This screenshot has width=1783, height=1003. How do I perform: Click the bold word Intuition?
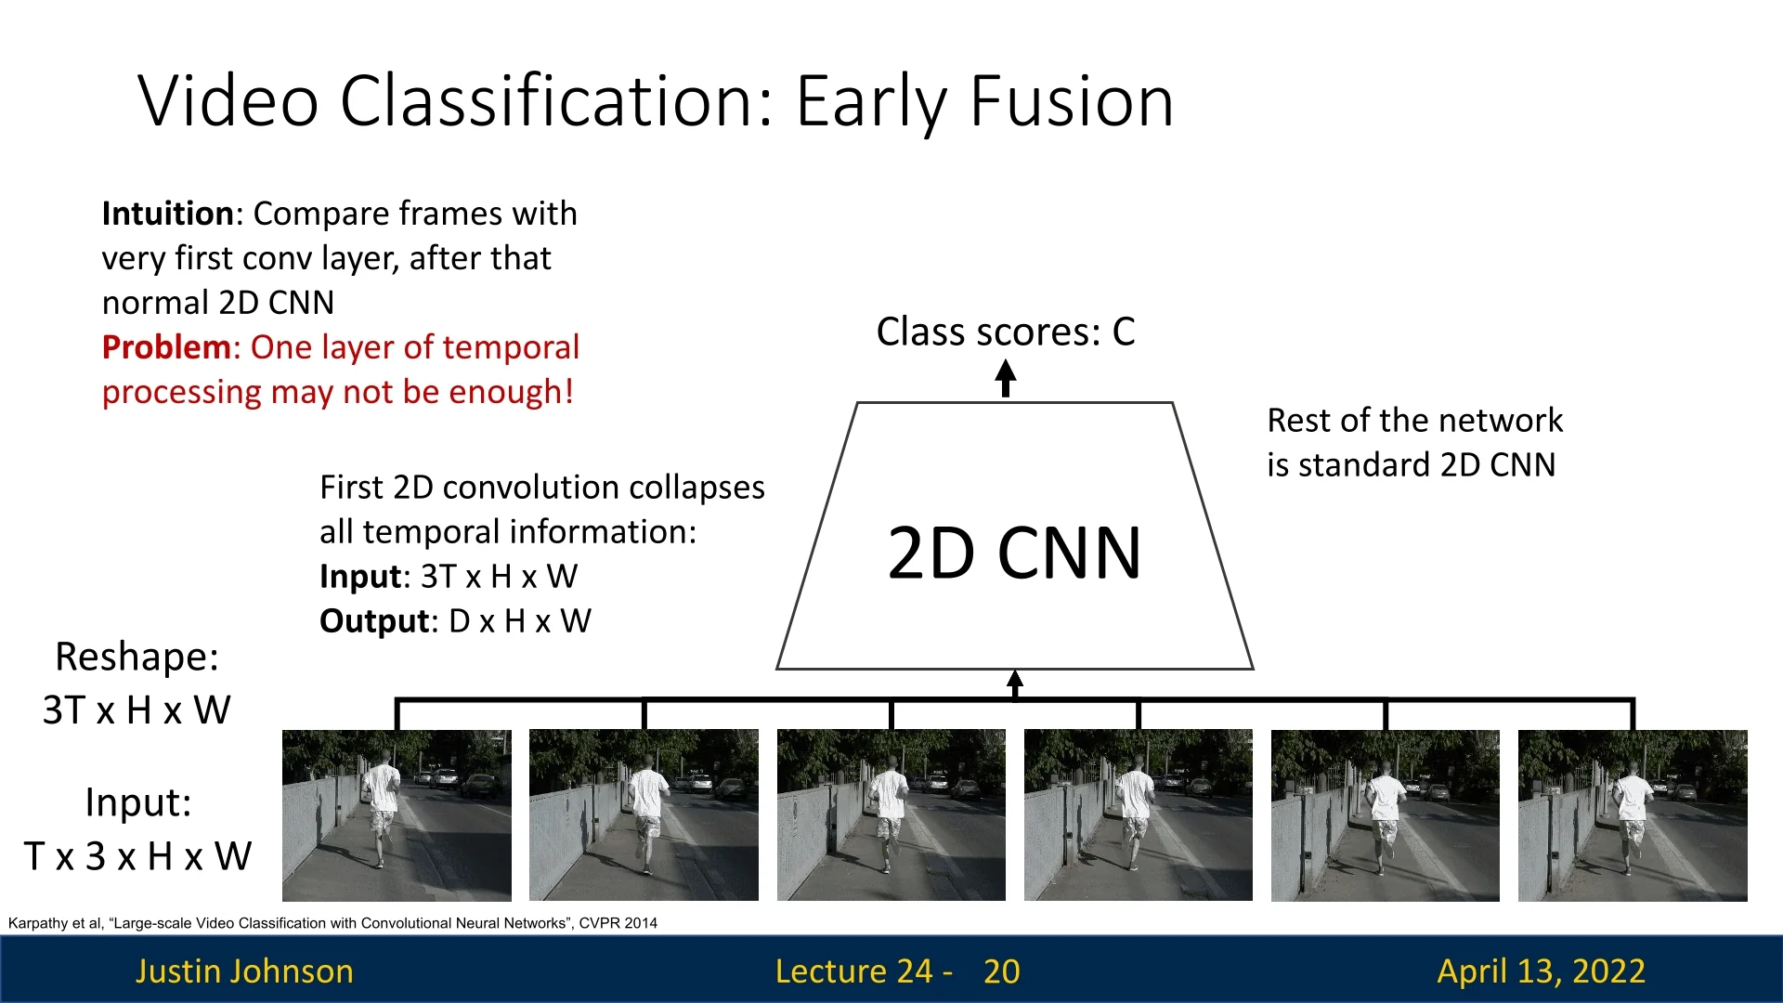(x=168, y=214)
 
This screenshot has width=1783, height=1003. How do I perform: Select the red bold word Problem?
(x=166, y=347)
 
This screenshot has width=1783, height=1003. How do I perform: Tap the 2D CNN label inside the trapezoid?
(x=1014, y=554)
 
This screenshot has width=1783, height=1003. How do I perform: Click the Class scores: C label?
(x=1006, y=332)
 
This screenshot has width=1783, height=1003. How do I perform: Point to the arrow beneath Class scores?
(x=1006, y=379)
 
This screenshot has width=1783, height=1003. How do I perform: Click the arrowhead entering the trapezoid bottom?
(x=1015, y=679)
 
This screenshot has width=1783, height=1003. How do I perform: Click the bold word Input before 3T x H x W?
(x=360, y=577)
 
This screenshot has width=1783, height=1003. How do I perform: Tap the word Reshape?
(x=137, y=658)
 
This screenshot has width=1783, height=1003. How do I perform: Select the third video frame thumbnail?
(x=891, y=815)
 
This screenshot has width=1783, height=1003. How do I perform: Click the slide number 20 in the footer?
(x=1002, y=971)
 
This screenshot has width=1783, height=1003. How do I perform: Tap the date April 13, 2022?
(x=1542, y=971)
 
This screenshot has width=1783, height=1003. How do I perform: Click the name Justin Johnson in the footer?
(x=244, y=971)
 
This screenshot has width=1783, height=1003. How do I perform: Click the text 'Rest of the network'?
(x=1415, y=421)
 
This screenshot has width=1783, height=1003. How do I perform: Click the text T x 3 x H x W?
(x=137, y=856)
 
